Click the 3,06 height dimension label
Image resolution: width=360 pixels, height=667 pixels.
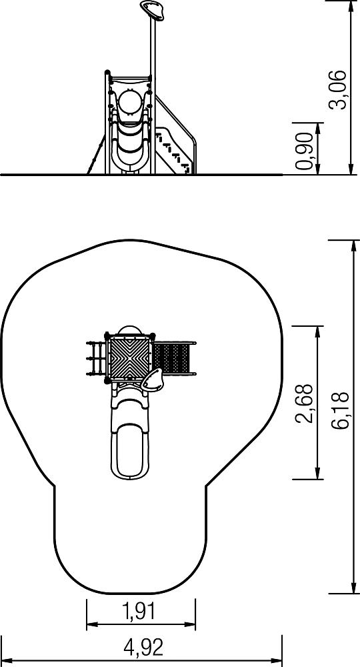[x=338, y=90]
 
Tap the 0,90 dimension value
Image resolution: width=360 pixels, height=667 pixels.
[x=305, y=151]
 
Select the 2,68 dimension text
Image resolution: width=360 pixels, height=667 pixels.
[x=305, y=404]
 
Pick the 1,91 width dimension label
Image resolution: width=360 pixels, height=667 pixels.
[x=139, y=612]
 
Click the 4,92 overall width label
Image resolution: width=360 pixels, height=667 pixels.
[x=143, y=648]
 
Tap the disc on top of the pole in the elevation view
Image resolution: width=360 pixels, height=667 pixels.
[x=152, y=10]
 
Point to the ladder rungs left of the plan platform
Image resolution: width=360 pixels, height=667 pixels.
[x=97, y=359]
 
